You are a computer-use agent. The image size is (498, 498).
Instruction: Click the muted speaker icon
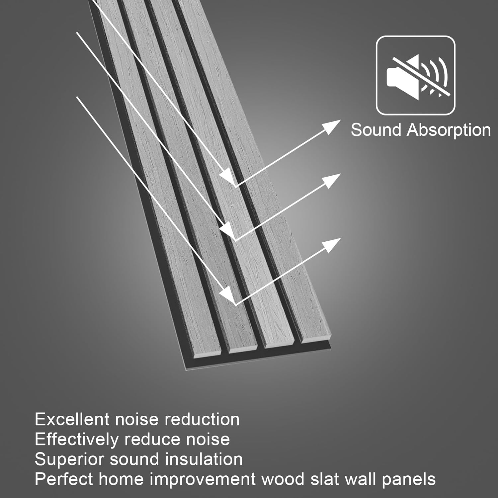[x=415, y=75]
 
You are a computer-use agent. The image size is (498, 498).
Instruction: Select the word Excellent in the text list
[x=72, y=419]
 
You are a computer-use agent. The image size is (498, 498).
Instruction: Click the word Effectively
[x=76, y=439]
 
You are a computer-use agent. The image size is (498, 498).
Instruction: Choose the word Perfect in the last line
[x=63, y=479]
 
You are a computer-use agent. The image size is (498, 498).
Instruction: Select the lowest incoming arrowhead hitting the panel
[x=228, y=294]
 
